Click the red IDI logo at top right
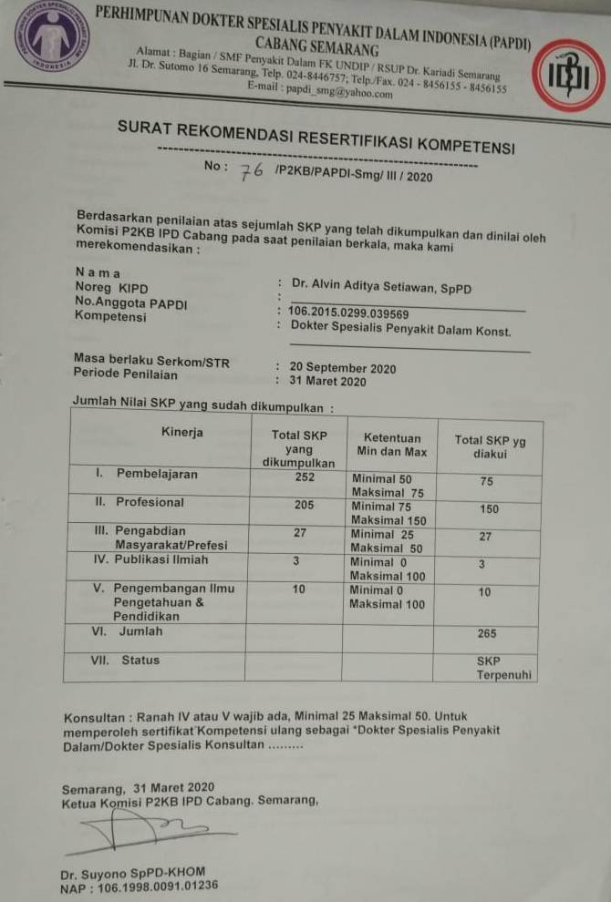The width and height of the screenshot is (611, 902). coord(569,75)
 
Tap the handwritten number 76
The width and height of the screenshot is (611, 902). coord(251,173)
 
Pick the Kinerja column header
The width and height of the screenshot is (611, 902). coord(182,432)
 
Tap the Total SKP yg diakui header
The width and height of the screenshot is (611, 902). coord(490,446)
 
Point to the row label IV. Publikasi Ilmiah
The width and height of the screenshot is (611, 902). coord(151,560)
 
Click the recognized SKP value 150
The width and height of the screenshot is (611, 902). coord(489,510)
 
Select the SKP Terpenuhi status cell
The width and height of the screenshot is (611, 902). coord(502,668)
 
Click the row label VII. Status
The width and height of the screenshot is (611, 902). coord(127,661)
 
